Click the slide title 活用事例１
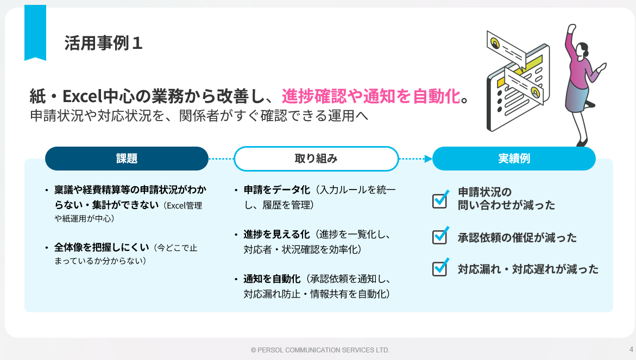tap(103, 43)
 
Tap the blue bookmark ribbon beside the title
tap(35, 33)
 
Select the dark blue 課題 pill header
tap(127, 159)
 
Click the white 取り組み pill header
tap(316, 159)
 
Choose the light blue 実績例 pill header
tap(514, 159)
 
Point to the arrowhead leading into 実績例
tap(429, 159)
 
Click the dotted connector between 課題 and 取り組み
tap(221, 159)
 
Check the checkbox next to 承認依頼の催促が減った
tap(440, 236)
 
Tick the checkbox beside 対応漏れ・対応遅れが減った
tap(440, 268)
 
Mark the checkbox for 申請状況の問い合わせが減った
tap(440, 199)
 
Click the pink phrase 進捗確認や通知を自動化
tap(371, 96)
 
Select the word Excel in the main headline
tap(83, 97)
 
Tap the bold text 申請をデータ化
tap(276, 190)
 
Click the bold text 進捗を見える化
tap(276, 235)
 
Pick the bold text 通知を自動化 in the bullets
tap(272, 279)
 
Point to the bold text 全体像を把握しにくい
tap(102, 247)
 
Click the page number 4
tap(631, 349)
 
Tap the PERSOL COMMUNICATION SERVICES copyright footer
tap(320, 350)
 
